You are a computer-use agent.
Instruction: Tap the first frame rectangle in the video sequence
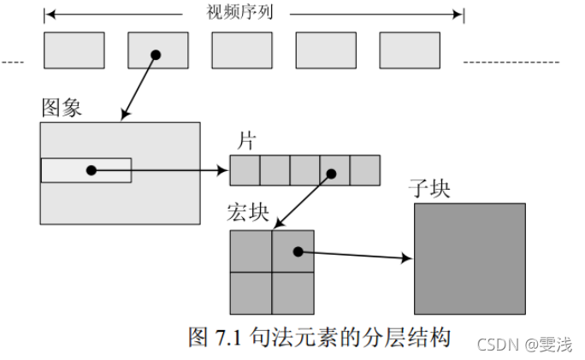pos(74,50)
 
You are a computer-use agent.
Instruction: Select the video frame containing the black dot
pos(157,50)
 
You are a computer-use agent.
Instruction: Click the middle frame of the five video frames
pos(241,50)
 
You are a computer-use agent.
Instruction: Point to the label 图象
pos(62,109)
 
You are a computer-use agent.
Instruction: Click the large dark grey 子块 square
pos(470,257)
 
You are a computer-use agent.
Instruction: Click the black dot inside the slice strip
pos(332,174)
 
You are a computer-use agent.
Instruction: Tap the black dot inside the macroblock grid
pos(298,251)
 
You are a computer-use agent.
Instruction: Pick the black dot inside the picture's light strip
pos(92,170)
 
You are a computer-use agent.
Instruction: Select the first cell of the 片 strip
pos(245,170)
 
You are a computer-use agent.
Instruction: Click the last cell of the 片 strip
pos(364,170)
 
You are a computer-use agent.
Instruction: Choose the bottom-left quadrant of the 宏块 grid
pos(251,292)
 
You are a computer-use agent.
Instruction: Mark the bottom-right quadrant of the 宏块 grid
pos(292,292)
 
